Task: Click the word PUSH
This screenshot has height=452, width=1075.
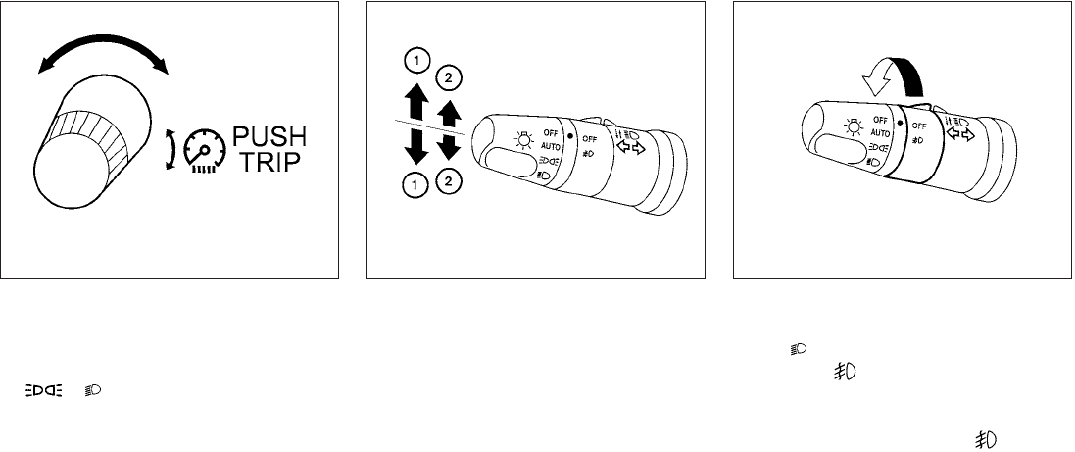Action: point(269,136)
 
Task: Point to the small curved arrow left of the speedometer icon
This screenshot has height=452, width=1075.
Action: point(171,150)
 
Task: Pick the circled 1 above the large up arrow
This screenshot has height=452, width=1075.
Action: point(415,62)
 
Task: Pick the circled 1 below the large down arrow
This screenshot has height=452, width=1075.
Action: point(416,183)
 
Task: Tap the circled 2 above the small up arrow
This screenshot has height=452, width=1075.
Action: point(449,78)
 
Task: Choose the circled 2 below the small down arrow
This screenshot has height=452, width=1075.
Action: point(449,181)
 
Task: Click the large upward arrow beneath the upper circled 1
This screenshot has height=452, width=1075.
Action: point(416,99)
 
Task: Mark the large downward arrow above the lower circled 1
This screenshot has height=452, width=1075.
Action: point(416,145)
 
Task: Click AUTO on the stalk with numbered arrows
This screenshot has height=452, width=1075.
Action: point(551,146)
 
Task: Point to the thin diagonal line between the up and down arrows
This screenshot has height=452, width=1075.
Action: point(430,126)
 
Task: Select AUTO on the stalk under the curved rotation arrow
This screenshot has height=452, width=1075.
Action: point(881,133)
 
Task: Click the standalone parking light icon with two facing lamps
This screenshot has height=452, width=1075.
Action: point(44,390)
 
